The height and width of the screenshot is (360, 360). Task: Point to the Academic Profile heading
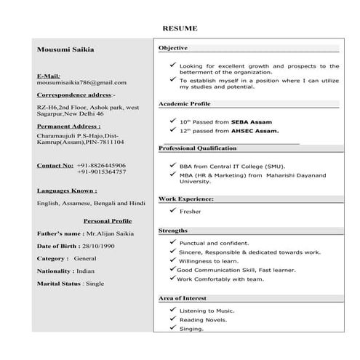click(184, 104)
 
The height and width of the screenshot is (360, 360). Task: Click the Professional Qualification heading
click(198, 148)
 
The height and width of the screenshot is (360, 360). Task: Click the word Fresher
click(191, 211)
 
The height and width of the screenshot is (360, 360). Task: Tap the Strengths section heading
click(174, 231)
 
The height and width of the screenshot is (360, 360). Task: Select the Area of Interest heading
click(183, 298)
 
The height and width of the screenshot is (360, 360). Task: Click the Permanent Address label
click(68, 127)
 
